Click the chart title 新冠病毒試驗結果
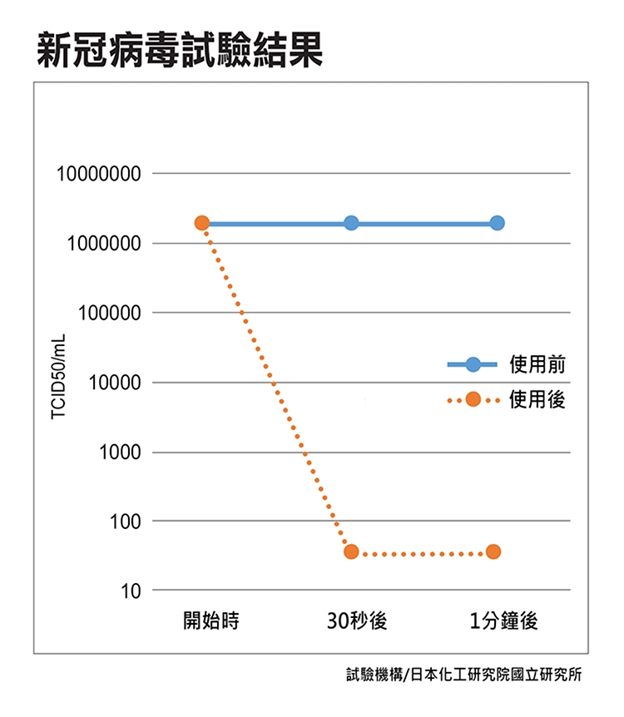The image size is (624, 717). click(x=179, y=52)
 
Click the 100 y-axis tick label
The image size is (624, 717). click(x=119, y=523)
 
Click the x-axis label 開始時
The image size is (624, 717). click(x=211, y=621)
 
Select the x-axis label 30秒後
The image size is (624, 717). click(x=358, y=621)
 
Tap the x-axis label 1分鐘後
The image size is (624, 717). click(x=503, y=621)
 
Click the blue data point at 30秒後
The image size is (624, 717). click(x=351, y=223)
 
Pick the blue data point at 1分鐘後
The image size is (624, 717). click(x=497, y=223)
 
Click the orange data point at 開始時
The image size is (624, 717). click(x=201, y=223)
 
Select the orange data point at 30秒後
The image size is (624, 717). click(x=351, y=552)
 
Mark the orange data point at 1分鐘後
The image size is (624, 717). click(x=493, y=552)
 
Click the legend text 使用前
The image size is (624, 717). click(x=537, y=364)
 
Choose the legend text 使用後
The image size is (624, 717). click(x=537, y=400)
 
